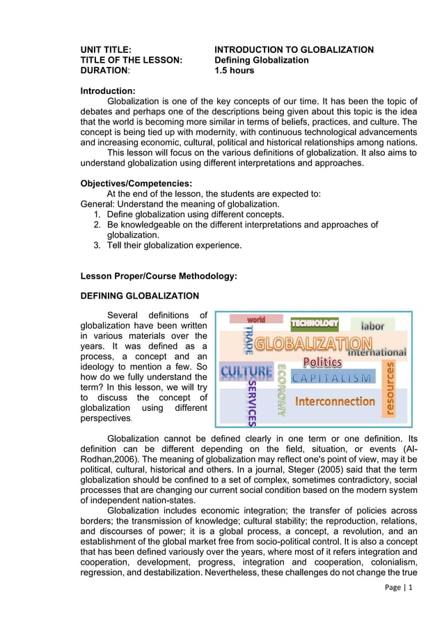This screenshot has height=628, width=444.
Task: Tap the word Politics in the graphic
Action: pos(322,362)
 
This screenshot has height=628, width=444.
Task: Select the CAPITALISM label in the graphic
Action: pos(331,377)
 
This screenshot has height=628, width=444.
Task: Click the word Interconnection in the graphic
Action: pos(335,401)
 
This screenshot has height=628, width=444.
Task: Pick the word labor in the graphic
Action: pos(372,325)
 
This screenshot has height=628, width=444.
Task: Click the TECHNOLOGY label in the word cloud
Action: pos(315,323)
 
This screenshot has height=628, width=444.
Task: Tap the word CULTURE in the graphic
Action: pos(246,372)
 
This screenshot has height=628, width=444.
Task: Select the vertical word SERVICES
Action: pos(252,402)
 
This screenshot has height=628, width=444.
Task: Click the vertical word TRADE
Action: pos(248,340)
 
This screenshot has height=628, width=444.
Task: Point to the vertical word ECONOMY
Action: pos(282,390)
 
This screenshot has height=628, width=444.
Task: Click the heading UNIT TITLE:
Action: pos(106,49)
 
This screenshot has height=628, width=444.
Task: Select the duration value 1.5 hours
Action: pos(234,70)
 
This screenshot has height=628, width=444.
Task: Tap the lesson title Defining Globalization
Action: pos(261,60)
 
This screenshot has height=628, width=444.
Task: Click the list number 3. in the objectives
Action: pos(97,245)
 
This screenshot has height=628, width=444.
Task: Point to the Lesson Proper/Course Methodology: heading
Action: pos(159,276)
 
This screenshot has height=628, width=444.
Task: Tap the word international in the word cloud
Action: pos(376,352)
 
